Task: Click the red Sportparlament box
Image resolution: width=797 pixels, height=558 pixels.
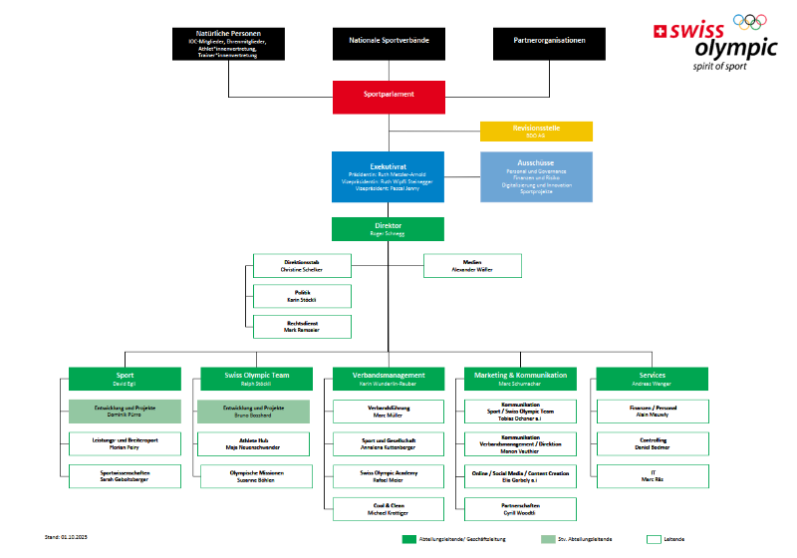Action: [389, 97]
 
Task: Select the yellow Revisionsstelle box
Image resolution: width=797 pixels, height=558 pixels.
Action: [536, 132]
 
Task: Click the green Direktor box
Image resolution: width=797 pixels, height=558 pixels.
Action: [389, 229]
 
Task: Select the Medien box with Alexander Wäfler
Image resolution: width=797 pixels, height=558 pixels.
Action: [472, 265]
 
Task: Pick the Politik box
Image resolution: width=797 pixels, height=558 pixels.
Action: [303, 296]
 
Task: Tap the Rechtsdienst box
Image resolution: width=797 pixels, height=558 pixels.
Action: [303, 326]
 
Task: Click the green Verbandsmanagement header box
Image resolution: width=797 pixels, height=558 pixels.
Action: [389, 379]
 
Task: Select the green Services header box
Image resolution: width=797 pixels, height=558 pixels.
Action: [652, 379]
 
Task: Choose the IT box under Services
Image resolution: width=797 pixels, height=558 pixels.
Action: [652, 476]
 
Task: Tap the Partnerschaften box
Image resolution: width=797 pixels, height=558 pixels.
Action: [520, 509]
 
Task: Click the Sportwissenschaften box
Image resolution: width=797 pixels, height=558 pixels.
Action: [112, 476]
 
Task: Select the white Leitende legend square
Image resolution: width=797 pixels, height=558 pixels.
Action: [655, 539]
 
